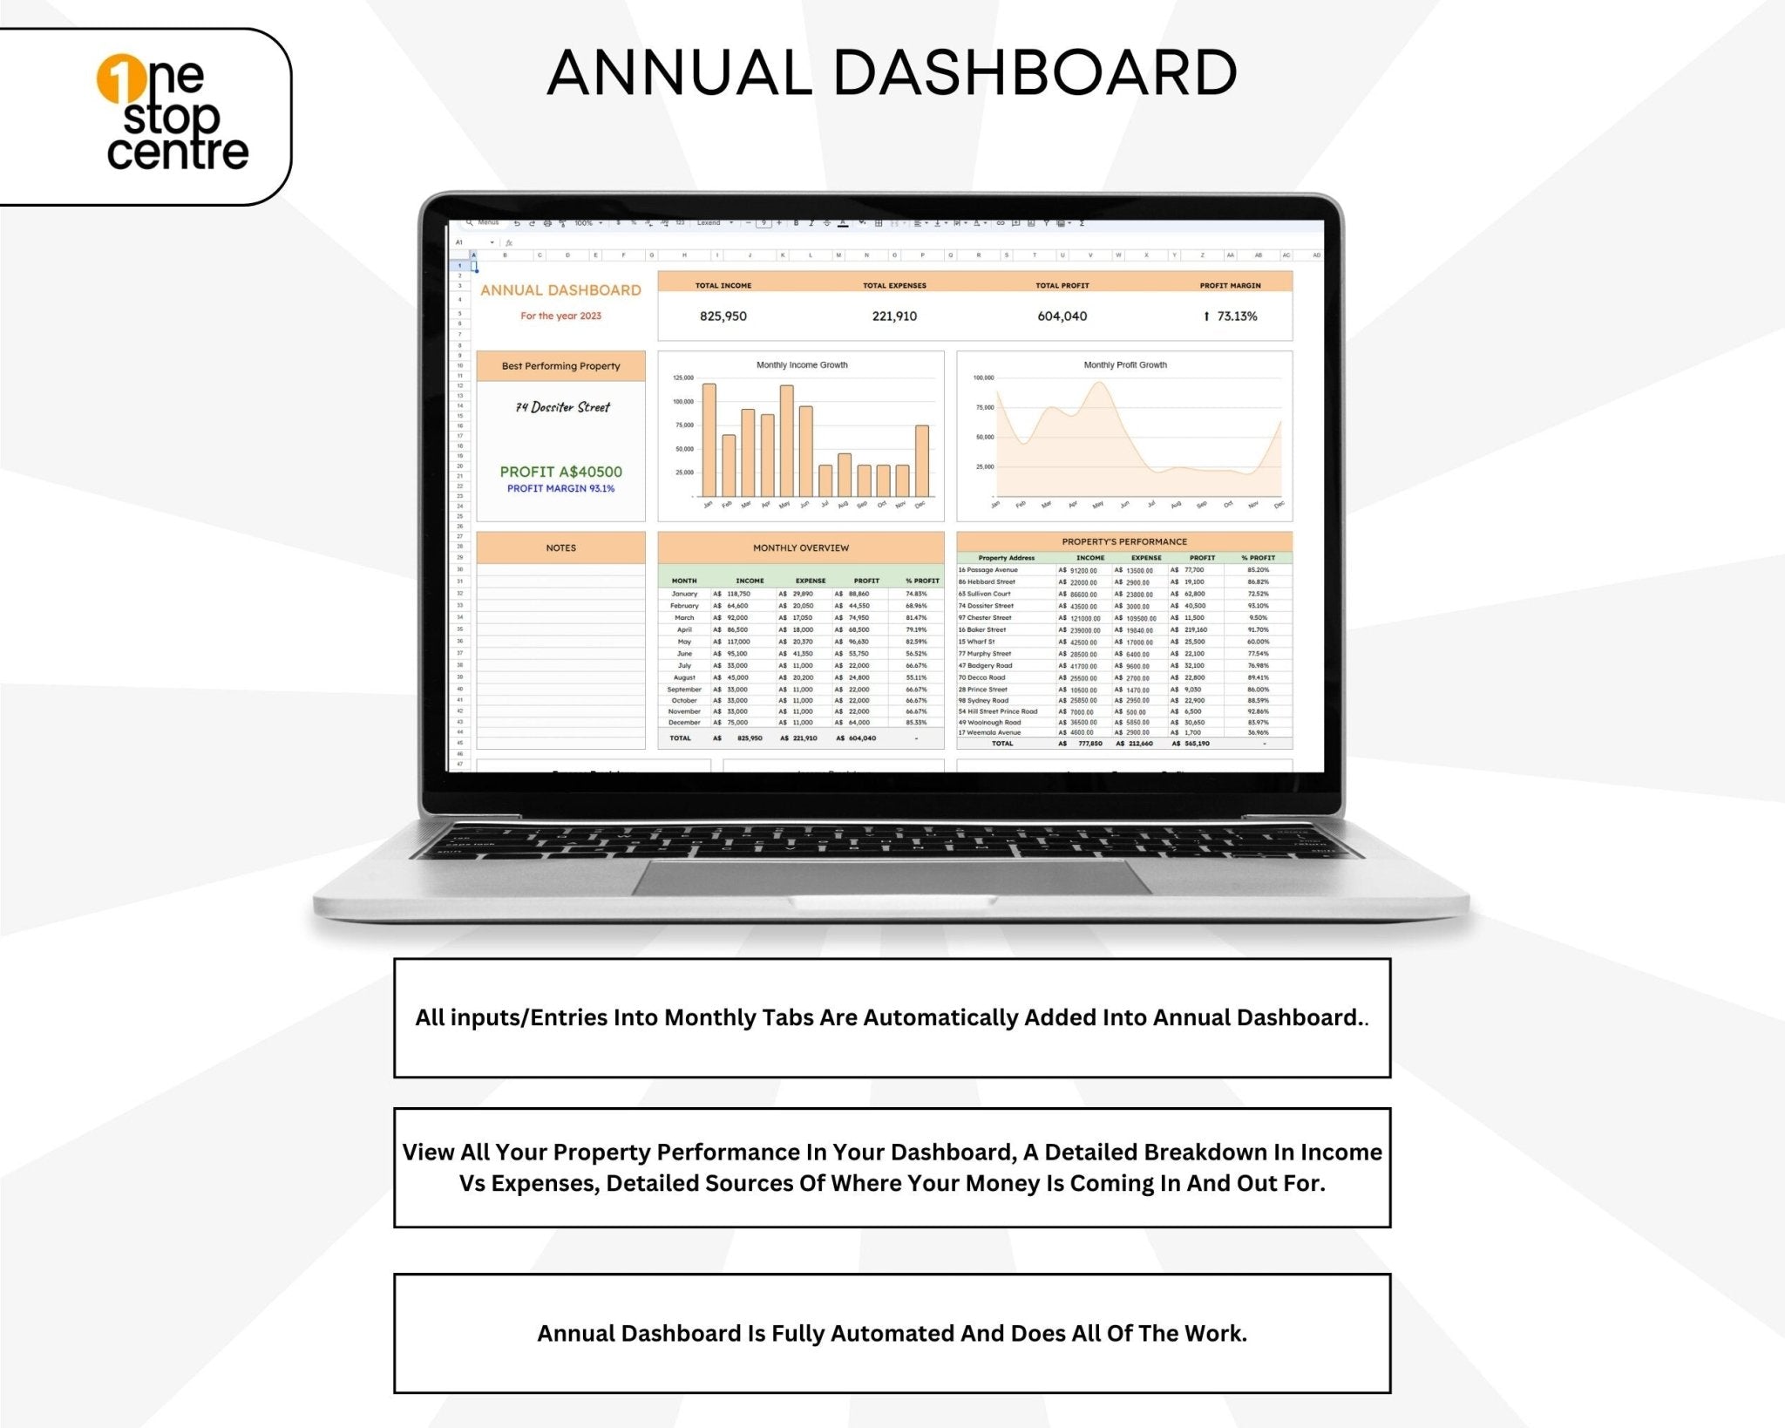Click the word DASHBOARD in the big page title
pyautogui.click(x=1035, y=73)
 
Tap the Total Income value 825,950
pyautogui.click(x=723, y=316)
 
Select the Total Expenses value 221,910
pyautogui.click(x=894, y=316)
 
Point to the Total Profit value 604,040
pyautogui.click(x=1062, y=316)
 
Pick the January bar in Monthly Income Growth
pyautogui.click(x=709, y=440)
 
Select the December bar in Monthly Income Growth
pyautogui.click(x=921, y=460)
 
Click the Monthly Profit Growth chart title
pyautogui.click(x=1124, y=365)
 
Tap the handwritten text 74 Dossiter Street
pyautogui.click(x=562, y=407)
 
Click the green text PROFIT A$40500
pyautogui.click(x=560, y=472)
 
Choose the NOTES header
pyautogui.click(x=560, y=548)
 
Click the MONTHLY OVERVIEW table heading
pyautogui.click(x=800, y=548)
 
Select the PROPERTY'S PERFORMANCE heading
pyautogui.click(x=1123, y=542)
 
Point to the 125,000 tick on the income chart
pyautogui.click(x=682, y=378)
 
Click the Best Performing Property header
pyautogui.click(x=560, y=366)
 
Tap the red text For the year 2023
pyautogui.click(x=560, y=316)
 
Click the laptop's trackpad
pyautogui.click(x=891, y=877)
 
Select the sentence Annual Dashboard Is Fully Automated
pyautogui.click(x=891, y=1334)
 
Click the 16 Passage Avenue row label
pyautogui.click(x=988, y=570)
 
